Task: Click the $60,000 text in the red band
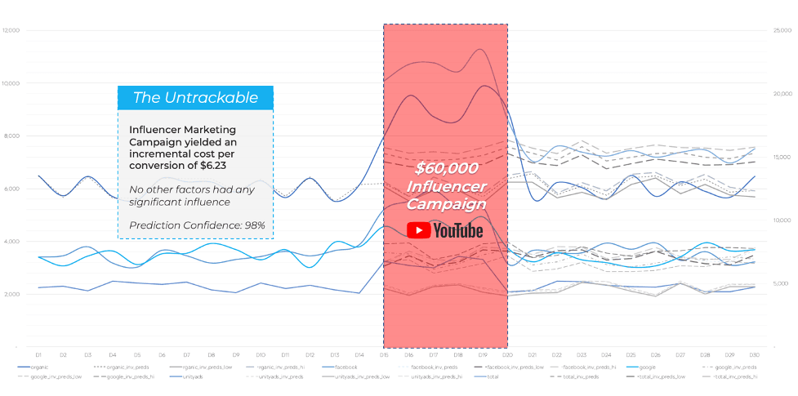point(446,168)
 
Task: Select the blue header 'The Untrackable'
point(194,98)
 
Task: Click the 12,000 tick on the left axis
point(11,31)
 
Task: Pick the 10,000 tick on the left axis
point(11,83)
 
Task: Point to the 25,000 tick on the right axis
point(782,30)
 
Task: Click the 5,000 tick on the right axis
point(780,283)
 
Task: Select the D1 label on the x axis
point(38,355)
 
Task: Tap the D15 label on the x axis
point(384,355)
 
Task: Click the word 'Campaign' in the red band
point(446,204)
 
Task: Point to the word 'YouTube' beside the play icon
point(458,231)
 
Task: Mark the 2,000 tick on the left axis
point(13,294)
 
